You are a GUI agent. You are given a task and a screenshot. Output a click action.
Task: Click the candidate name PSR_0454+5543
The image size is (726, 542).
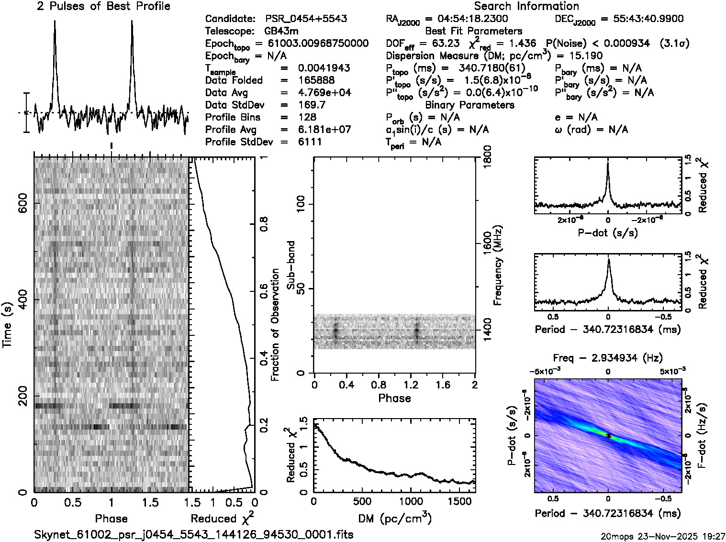click(306, 19)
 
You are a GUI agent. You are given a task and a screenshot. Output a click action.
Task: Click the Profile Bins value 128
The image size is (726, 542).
click(307, 117)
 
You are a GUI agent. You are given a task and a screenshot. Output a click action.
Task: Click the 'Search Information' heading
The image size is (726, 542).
click(526, 6)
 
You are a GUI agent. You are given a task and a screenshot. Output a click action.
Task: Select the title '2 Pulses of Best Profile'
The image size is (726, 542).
click(103, 6)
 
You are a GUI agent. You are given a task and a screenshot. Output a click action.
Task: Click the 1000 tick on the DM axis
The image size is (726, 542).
click(411, 501)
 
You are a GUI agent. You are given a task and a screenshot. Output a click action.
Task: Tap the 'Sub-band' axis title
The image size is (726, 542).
click(291, 265)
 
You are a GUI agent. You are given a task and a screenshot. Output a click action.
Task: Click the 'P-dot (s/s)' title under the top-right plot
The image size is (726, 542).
click(608, 233)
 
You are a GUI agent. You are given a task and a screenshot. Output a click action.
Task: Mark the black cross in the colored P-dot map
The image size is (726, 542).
click(608, 436)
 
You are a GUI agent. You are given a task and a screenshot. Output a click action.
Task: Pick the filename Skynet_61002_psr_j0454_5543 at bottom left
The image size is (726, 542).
click(194, 534)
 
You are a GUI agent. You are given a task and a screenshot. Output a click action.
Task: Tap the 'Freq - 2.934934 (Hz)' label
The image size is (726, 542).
click(608, 358)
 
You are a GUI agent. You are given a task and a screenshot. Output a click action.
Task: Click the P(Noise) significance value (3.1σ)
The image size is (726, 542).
click(674, 44)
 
